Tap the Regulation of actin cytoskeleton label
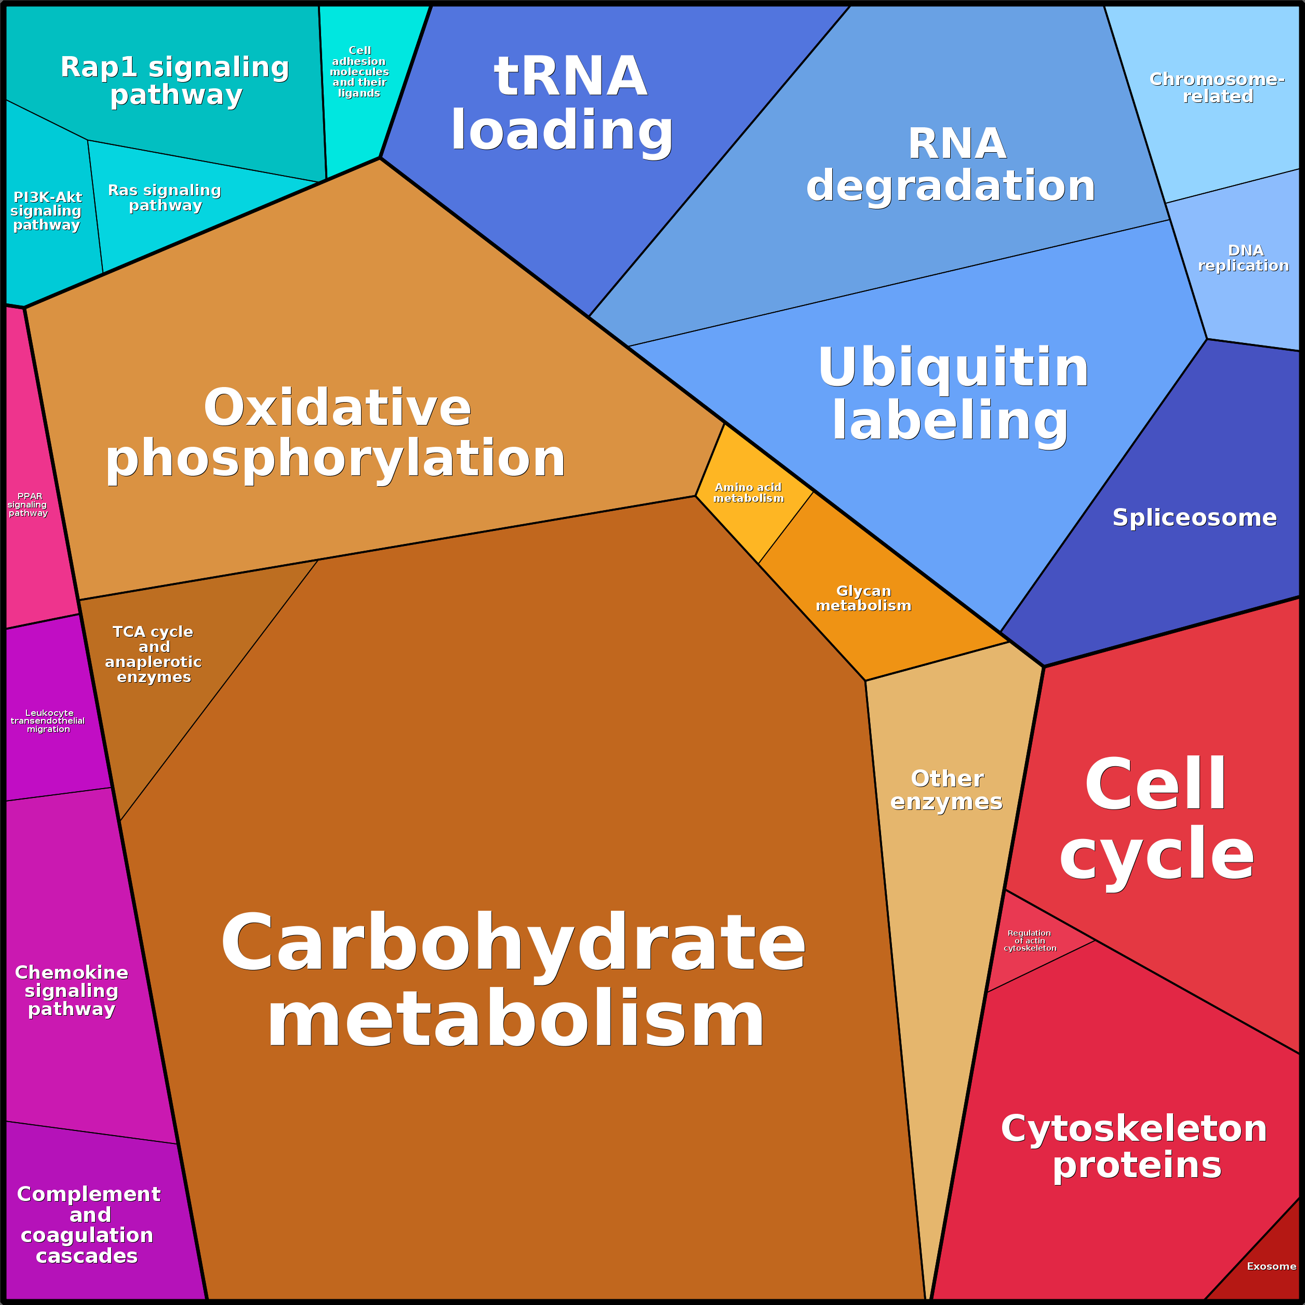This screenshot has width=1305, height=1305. click(1030, 940)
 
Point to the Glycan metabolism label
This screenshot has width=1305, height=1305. click(863, 598)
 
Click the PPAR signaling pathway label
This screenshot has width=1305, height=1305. click(28, 504)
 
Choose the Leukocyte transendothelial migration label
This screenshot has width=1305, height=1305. click(48, 721)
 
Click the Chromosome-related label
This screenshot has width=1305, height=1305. click(1217, 88)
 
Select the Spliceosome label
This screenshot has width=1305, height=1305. click(1194, 517)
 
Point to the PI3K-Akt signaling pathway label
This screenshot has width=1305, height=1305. click(47, 211)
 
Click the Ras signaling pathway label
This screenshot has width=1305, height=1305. click(165, 198)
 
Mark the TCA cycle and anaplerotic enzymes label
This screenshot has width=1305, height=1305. click(153, 654)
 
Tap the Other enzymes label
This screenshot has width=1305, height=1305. click(947, 790)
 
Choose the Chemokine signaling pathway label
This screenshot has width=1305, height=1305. click(72, 990)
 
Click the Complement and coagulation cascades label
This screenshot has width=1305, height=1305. click(88, 1224)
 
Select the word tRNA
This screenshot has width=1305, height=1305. click(571, 76)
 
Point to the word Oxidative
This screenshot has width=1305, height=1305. click(337, 408)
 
